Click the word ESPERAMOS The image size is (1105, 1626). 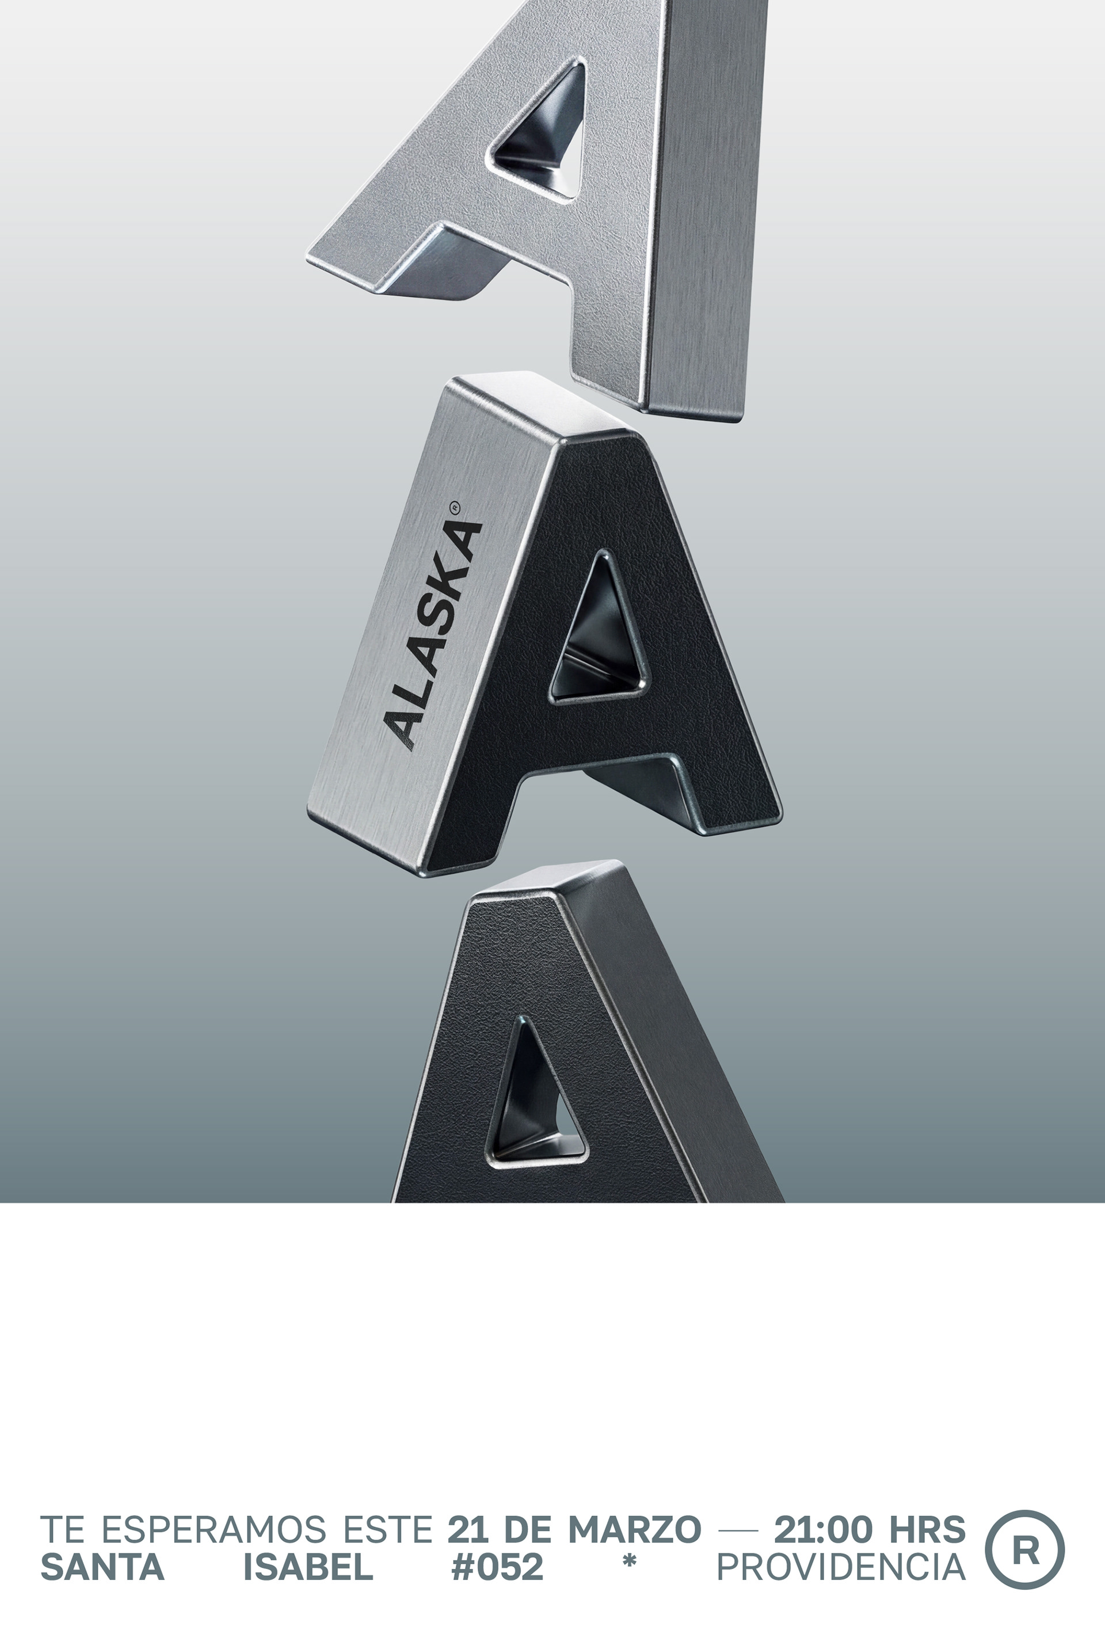[x=214, y=1529]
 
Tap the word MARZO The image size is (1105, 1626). [x=634, y=1529]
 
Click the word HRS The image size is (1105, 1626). [x=927, y=1529]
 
